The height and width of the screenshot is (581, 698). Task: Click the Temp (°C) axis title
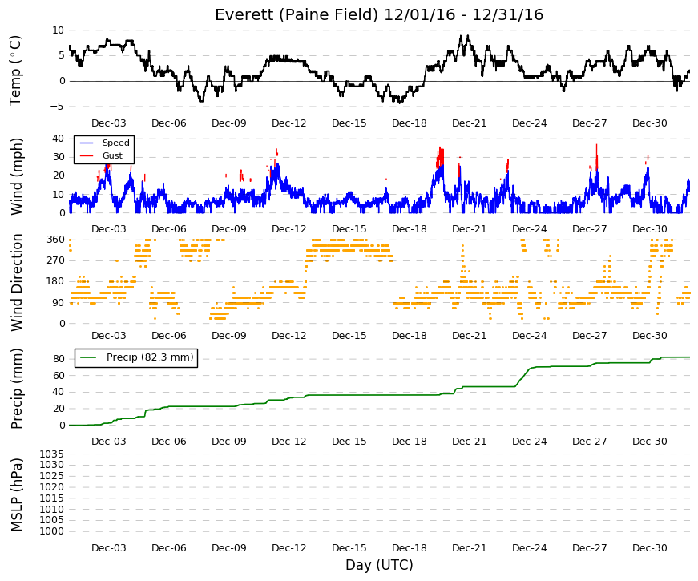tap(15, 71)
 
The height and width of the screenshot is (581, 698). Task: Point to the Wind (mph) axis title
tap(15, 177)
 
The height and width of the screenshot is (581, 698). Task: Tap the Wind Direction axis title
tap(16, 282)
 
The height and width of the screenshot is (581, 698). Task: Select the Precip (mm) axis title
tap(16, 389)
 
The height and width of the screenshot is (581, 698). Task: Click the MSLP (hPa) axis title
tap(16, 495)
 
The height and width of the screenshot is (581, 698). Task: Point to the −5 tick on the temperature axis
tap(58, 107)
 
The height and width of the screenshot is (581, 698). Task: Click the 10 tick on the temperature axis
tap(59, 30)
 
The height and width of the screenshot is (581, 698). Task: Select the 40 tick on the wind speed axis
tap(59, 138)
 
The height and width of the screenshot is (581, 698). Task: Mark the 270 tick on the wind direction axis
tap(55, 260)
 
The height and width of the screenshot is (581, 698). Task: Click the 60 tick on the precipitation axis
tap(59, 375)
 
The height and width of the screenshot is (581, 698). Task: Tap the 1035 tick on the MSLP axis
tap(51, 454)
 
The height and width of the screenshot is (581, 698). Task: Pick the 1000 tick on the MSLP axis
tap(51, 531)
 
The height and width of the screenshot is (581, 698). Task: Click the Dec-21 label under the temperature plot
tap(469, 123)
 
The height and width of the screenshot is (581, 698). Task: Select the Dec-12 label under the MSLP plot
tap(289, 548)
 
